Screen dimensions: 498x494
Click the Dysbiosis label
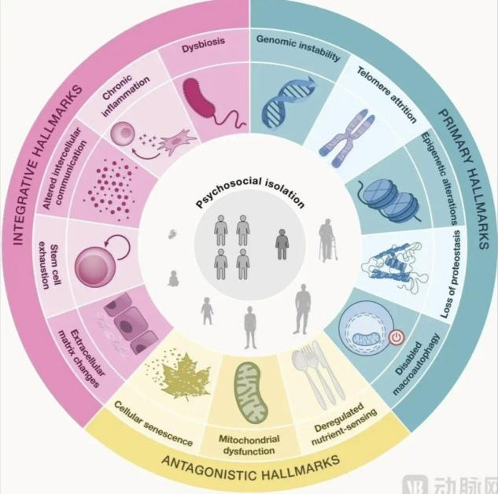click(x=203, y=45)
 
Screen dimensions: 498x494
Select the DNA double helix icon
click(x=289, y=101)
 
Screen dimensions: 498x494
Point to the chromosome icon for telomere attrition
click(x=348, y=138)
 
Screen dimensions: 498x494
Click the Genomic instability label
click(x=298, y=48)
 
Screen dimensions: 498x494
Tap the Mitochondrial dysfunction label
click(x=249, y=445)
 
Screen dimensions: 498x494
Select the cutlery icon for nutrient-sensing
click(x=318, y=374)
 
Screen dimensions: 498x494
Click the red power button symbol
click(x=396, y=337)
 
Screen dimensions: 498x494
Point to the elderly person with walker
click(x=328, y=241)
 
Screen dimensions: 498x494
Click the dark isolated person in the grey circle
click(x=282, y=244)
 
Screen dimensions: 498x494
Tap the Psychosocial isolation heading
click(x=250, y=192)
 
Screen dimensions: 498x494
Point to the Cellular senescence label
click(x=153, y=423)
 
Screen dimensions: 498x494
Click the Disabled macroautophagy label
click(x=417, y=364)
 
